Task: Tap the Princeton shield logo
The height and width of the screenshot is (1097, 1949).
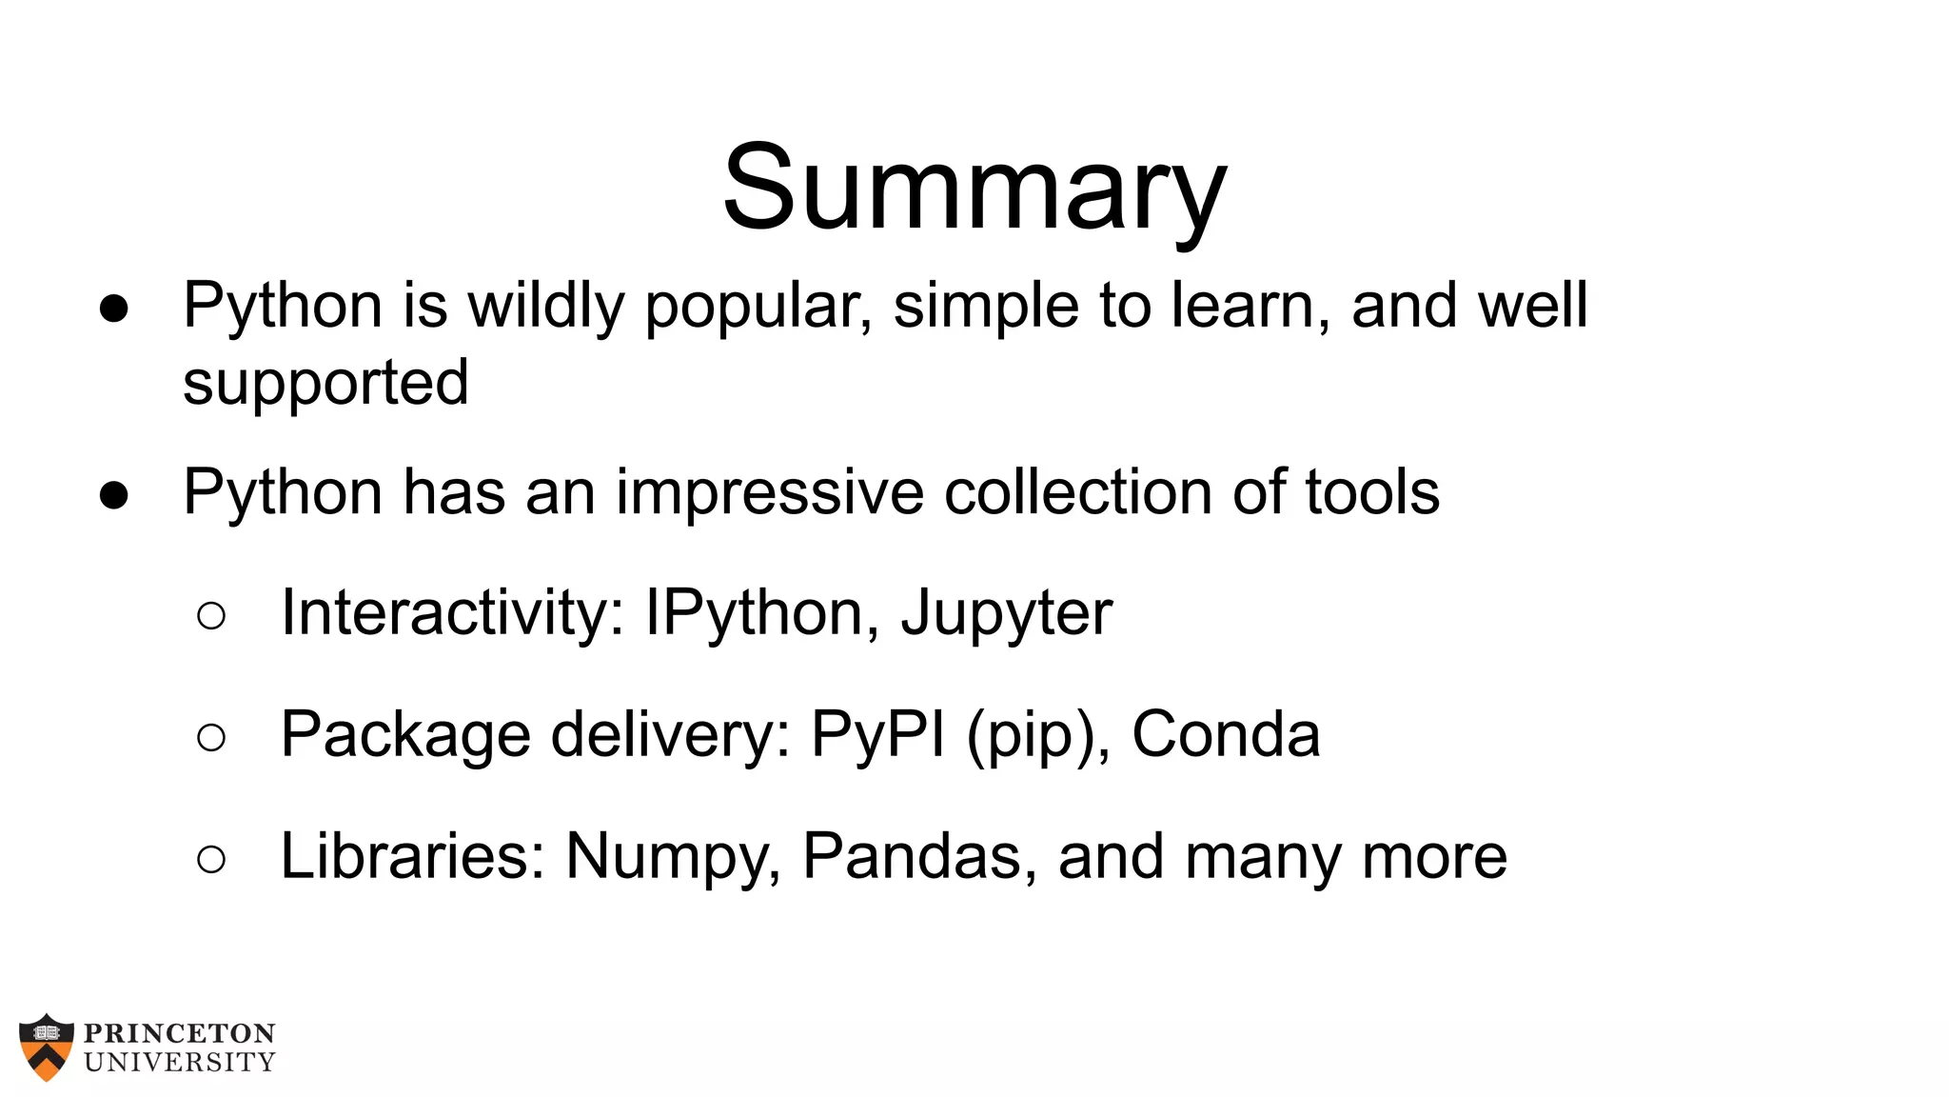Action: [46, 1047]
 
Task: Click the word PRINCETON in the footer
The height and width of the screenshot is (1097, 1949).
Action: [180, 1034]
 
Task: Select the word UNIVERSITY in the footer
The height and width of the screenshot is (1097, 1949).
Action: [180, 1062]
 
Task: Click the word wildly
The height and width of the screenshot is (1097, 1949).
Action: [545, 306]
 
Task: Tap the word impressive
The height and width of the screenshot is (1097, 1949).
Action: [769, 493]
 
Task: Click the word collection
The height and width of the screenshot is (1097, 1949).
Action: [1078, 493]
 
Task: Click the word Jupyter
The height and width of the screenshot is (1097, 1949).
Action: [1007, 614]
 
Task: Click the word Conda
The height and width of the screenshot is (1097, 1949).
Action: [1226, 735]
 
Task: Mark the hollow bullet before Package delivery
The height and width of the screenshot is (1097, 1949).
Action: [211, 737]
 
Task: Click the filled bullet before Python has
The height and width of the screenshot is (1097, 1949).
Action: [113, 495]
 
